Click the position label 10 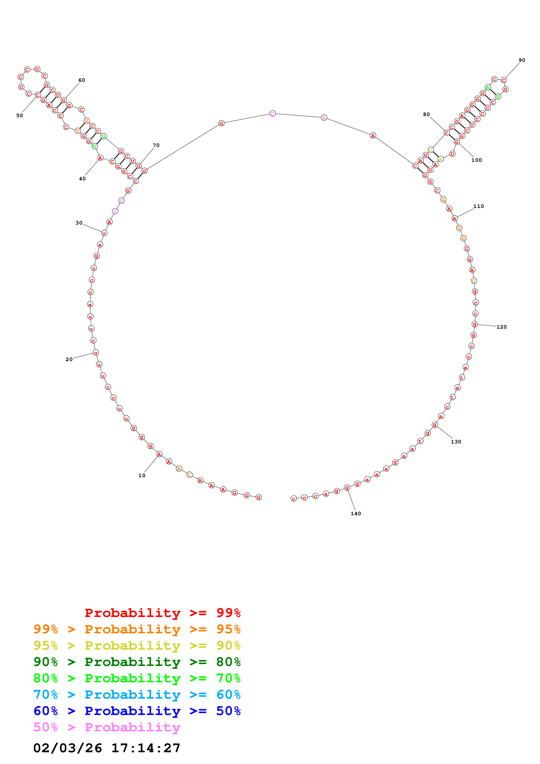pos(142,475)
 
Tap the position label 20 pos(69,359)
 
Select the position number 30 pos(79,223)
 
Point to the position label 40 pos(82,179)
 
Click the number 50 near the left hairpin pos(20,115)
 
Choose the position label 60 pos(81,80)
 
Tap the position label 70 pos(156,145)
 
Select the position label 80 pos(426,115)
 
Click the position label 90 pos(522,60)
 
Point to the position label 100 pos(476,160)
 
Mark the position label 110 pos(478,206)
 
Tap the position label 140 pos(356,514)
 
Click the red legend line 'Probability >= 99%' pos(162,613)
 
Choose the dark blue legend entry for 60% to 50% pos(137,711)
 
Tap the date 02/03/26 pos(68,748)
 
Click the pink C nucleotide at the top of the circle pos(273,113)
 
